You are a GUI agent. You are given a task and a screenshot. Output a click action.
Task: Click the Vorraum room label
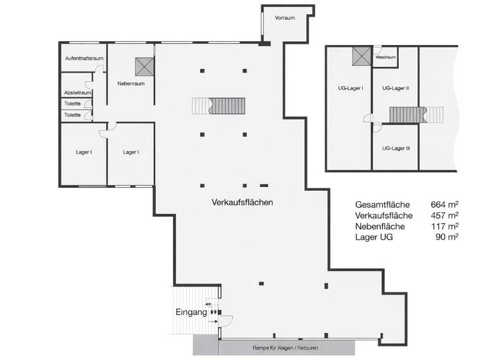[x=284, y=18]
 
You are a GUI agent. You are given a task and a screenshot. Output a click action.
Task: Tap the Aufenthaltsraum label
[x=84, y=59]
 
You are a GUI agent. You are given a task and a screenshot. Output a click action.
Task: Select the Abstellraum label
[x=77, y=93]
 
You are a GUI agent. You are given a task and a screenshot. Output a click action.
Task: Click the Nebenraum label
[x=130, y=84]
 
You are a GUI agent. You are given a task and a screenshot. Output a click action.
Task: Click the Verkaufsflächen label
[x=242, y=202]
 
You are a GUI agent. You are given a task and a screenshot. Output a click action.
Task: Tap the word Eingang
[x=191, y=313]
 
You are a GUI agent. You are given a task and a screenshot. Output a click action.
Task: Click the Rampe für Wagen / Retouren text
[x=285, y=348]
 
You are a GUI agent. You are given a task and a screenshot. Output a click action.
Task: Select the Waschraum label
[x=385, y=57]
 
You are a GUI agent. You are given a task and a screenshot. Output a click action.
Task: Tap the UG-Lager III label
[x=396, y=148]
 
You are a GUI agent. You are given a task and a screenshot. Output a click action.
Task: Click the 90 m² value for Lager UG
[x=447, y=237]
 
